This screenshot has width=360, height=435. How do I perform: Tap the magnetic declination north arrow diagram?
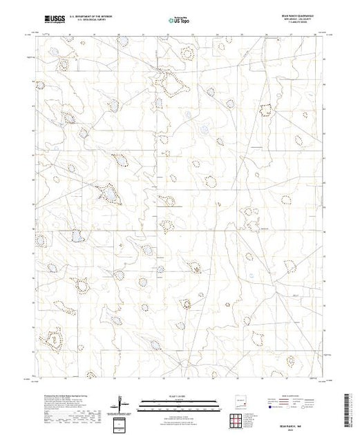[123, 403]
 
